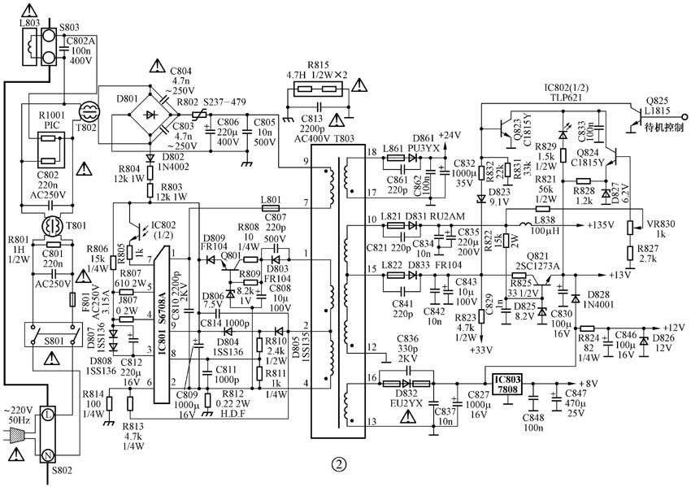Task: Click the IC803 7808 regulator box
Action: [506, 384]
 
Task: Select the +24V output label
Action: [450, 135]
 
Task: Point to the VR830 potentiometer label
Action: [661, 224]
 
